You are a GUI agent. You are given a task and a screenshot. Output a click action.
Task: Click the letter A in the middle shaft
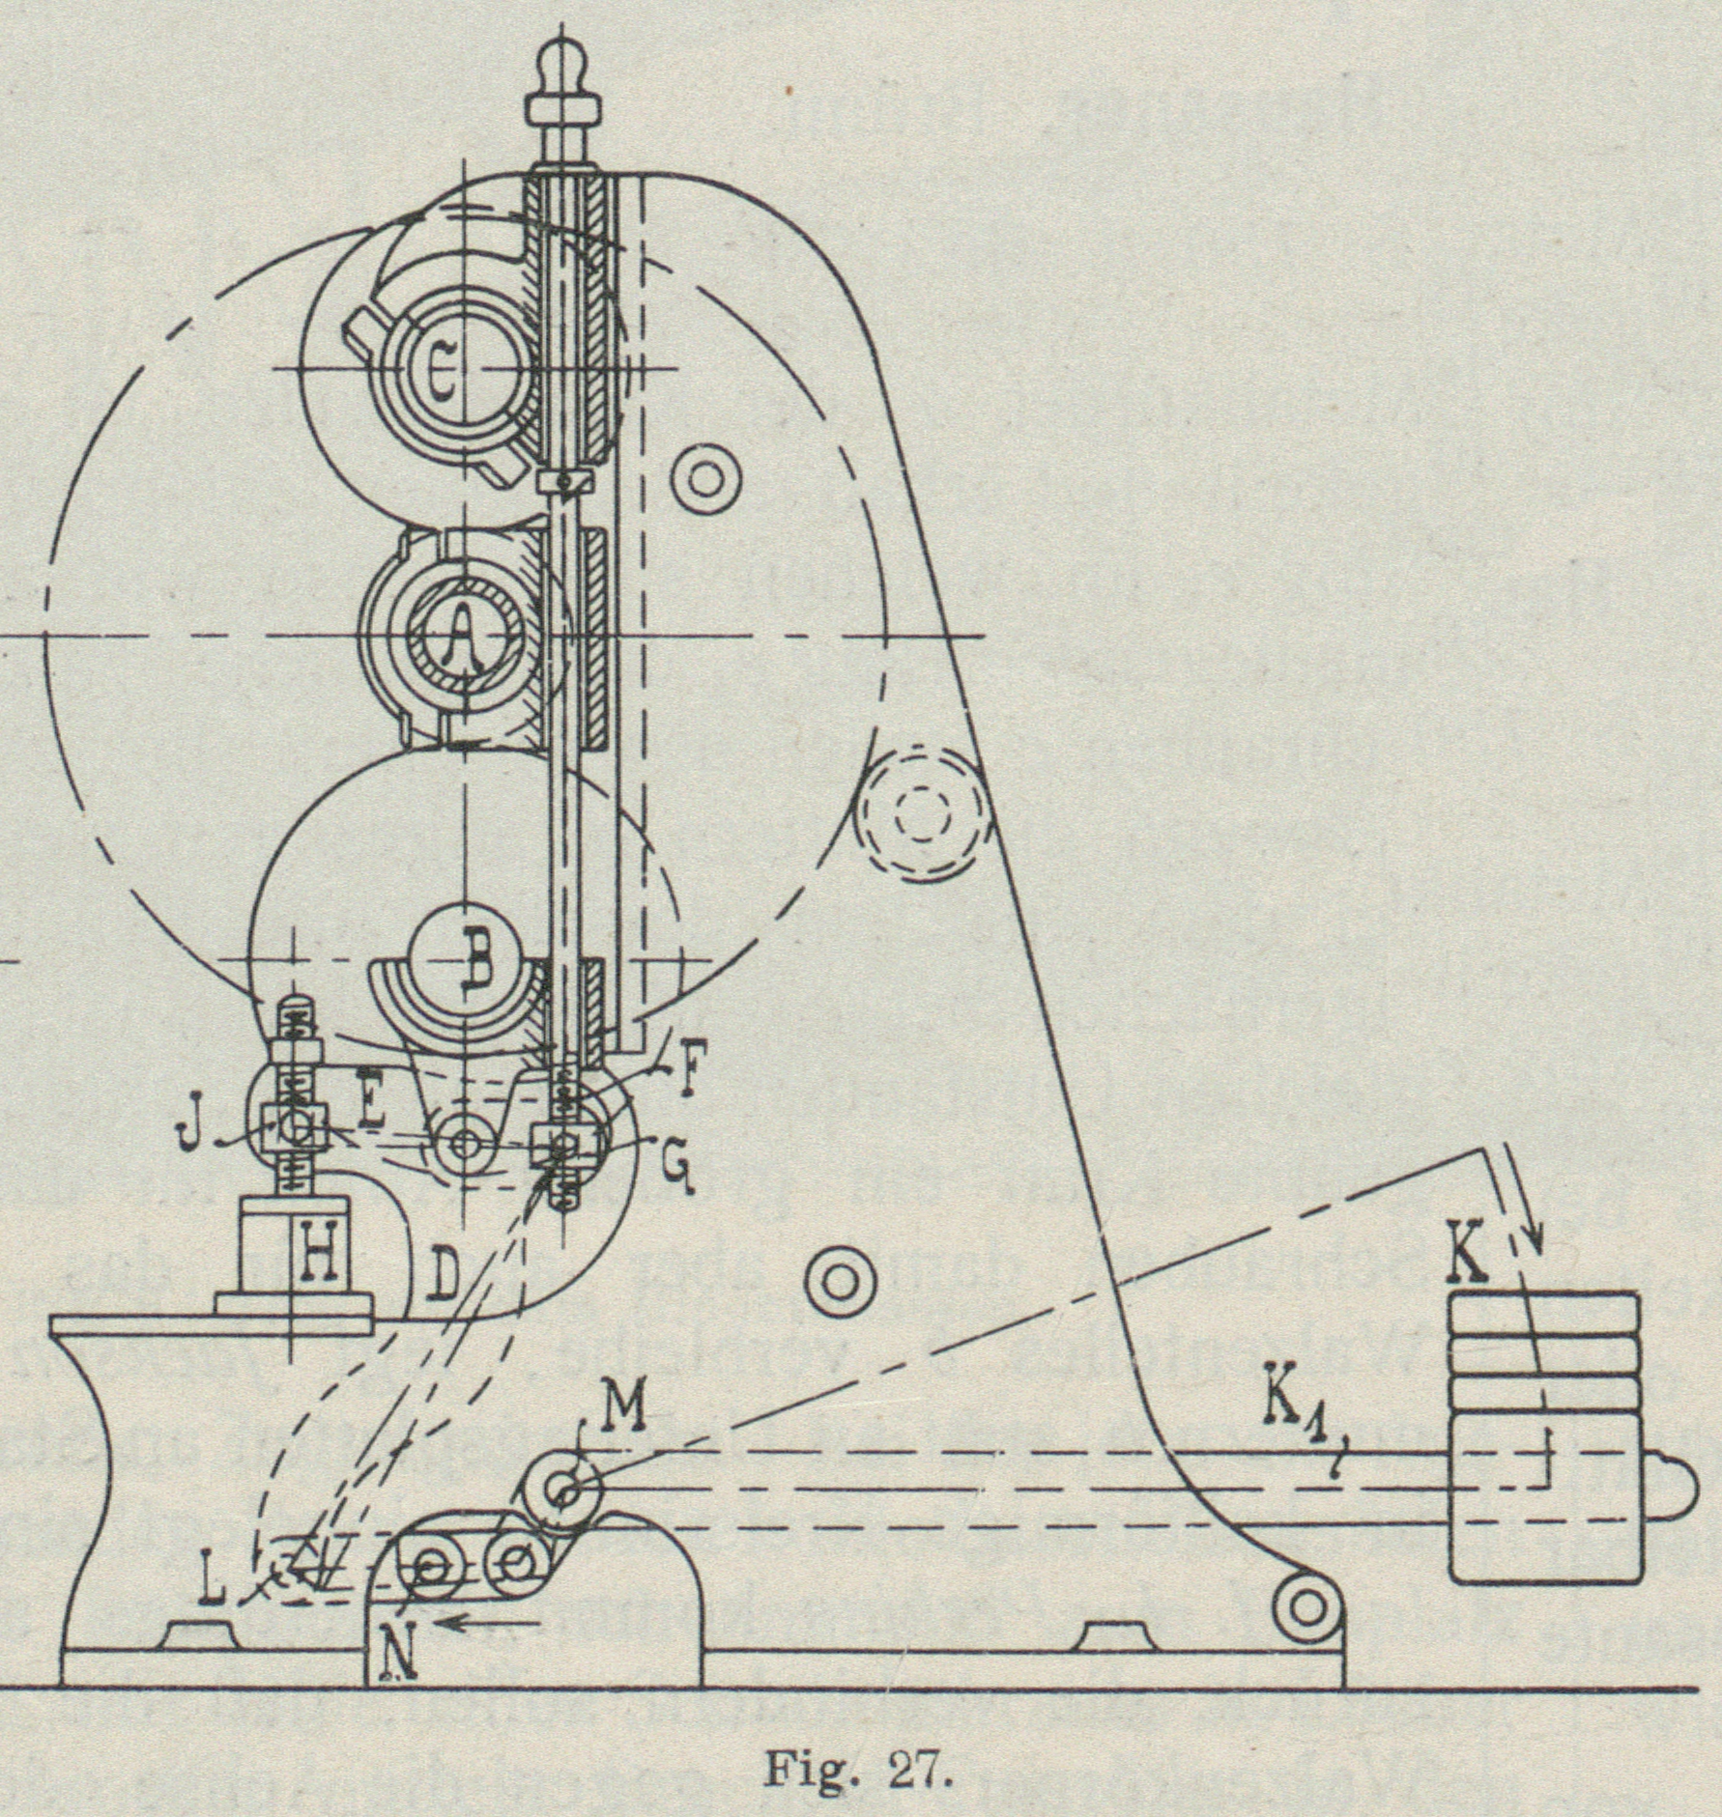click(467, 637)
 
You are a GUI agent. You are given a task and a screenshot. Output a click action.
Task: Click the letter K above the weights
click(1468, 1256)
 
